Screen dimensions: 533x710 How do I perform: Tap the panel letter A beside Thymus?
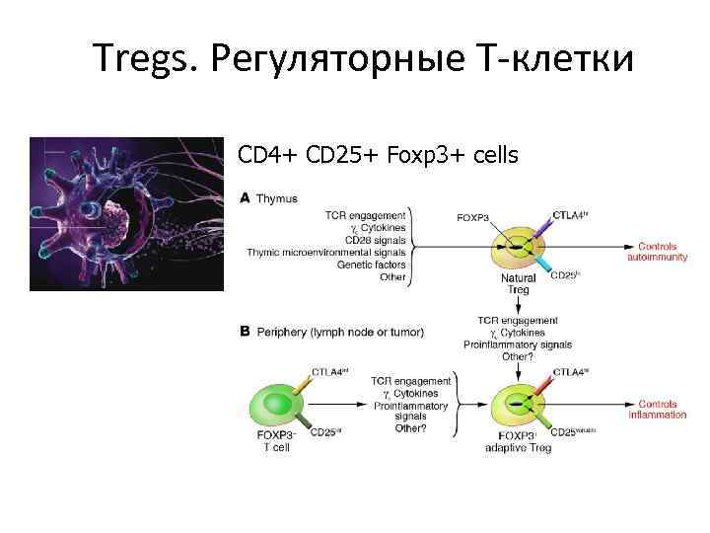[x=245, y=198]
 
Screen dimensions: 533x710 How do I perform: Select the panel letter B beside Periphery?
[x=245, y=333]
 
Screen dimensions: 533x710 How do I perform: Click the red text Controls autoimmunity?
[x=657, y=252]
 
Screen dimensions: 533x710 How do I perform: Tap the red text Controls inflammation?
[x=662, y=410]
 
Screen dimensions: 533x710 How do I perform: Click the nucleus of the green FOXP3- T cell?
[x=273, y=404]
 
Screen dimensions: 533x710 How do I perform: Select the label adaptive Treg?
[x=519, y=447]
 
